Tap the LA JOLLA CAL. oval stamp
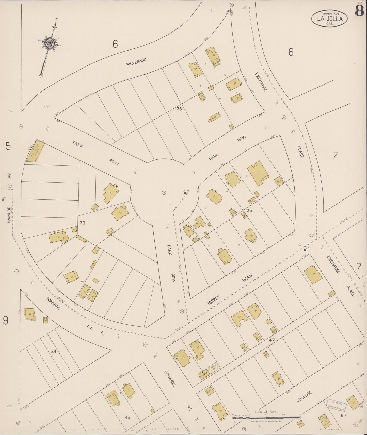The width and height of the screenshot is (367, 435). coord(330,18)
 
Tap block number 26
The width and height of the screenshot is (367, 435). coord(179,109)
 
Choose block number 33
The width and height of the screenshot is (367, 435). coord(82,223)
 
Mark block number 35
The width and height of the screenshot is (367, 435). coord(249,210)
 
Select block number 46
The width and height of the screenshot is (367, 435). coord(127,417)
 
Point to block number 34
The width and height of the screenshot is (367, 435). coord(54,351)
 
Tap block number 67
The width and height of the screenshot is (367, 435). coord(344,415)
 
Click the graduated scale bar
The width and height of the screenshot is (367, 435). coord(266,417)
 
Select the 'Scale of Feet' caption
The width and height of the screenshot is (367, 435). coord(266,412)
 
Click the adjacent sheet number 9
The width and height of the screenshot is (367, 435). coord(6,321)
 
